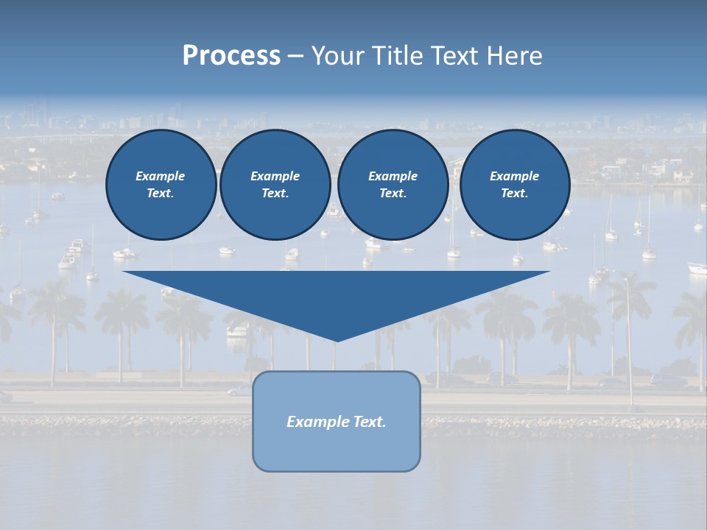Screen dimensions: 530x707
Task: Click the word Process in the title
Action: (x=231, y=56)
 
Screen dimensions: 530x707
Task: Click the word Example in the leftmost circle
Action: (x=161, y=176)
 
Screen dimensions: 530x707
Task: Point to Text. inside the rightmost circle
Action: (x=514, y=193)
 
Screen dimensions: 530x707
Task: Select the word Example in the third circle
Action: (x=393, y=176)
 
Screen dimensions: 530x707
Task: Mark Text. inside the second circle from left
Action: (x=275, y=193)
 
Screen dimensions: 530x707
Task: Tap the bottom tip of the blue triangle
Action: (x=337, y=339)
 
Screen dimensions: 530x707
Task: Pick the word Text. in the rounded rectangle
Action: (x=370, y=422)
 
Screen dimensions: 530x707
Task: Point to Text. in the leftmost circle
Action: (x=161, y=193)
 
